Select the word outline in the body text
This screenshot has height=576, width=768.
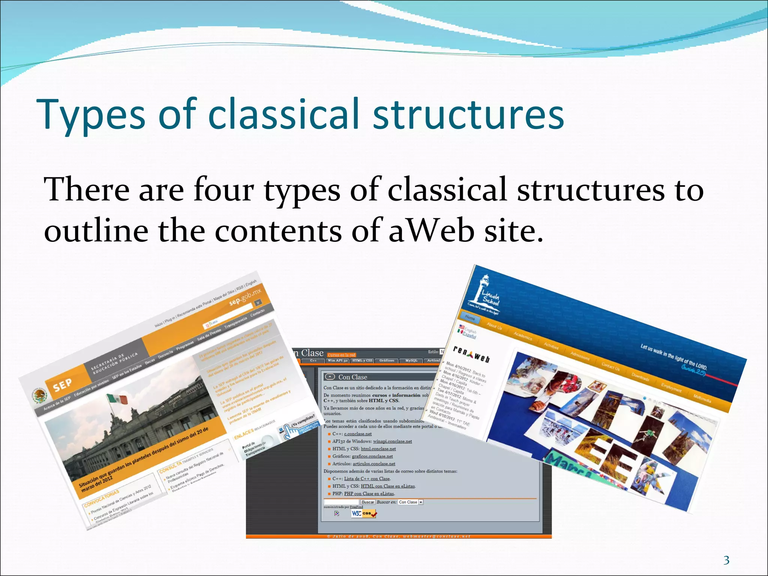point(96,231)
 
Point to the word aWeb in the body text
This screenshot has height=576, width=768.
point(431,231)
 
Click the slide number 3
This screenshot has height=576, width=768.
point(726,560)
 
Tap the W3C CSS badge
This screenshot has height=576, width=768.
point(363,513)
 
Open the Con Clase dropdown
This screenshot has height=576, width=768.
point(421,502)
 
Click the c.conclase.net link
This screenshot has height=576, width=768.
point(358,434)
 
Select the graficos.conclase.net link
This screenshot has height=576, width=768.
point(372,456)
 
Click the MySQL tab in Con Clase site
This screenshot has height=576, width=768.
point(411,360)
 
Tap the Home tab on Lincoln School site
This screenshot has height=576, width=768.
point(470,318)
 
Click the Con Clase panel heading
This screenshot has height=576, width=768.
point(352,377)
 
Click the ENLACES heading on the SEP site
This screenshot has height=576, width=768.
point(244,434)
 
